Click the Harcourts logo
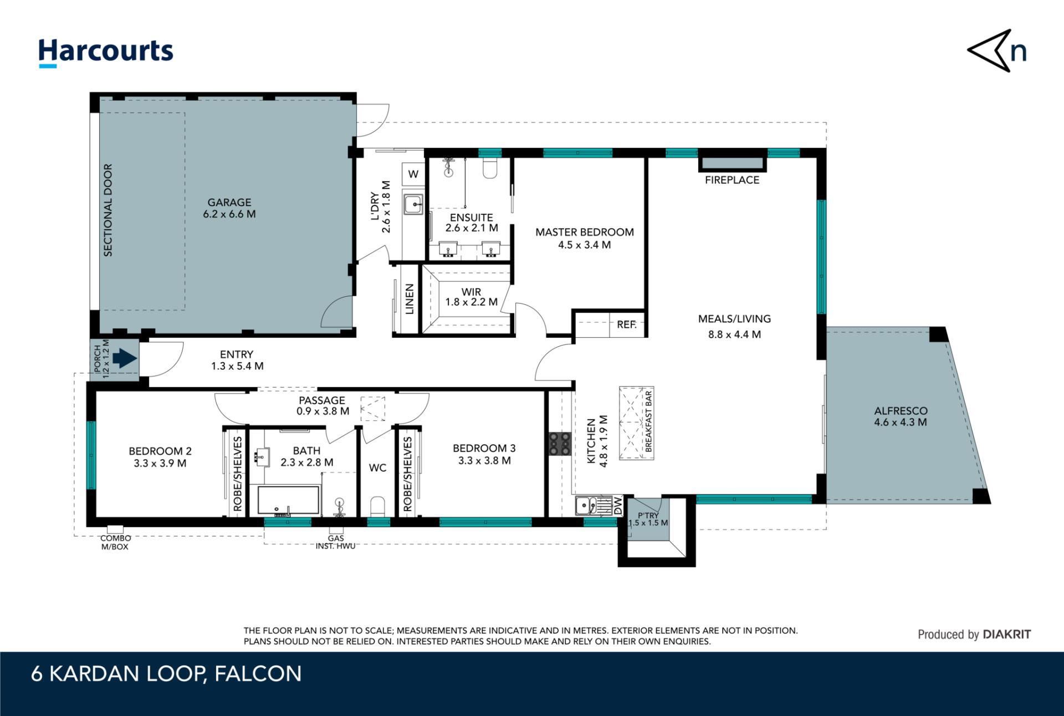point(105,53)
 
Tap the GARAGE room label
point(229,203)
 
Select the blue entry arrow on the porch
point(125,358)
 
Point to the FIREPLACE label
point(732,180)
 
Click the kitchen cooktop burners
point(560,444)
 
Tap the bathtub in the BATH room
point(289,501)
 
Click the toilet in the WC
point(377,506)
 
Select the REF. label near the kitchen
point(627,324)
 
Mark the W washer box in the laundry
point(413,174)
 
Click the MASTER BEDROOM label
point(585,232)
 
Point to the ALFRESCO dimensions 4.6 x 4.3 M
point(901,422)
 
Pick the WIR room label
point(472,291)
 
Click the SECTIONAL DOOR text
point(108,210)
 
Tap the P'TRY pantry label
point(648,516)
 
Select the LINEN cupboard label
point(410,299)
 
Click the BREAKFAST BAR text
point(648,421)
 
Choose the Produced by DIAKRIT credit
point(974,635)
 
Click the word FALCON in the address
point(258,674)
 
